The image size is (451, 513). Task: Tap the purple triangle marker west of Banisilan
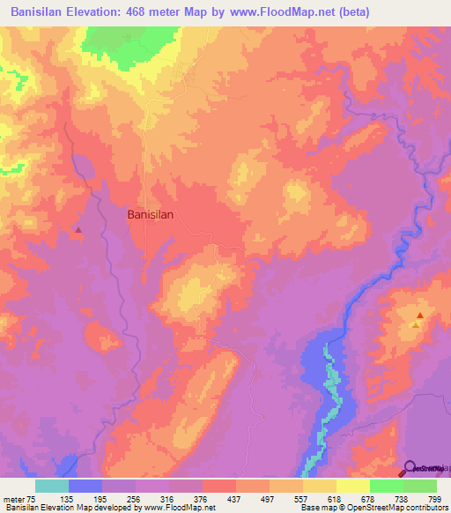[x=78, y=230]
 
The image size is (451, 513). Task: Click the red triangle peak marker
[x=420, y=316]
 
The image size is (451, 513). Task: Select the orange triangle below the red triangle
[x=415, y=325]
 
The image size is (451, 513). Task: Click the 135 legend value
[x=85, y=498]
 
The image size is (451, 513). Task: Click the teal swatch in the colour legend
[x=52, y=486]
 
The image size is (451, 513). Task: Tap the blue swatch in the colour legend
[x=85, y=486]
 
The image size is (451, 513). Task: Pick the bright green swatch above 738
[x=386, y=486]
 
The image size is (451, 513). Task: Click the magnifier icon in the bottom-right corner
[x=411, y=467]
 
